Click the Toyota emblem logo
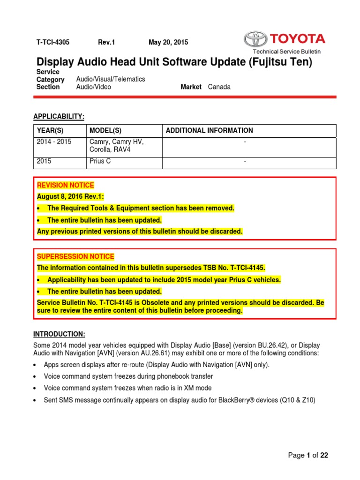tap(255, 39)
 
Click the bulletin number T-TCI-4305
tap(53, 42)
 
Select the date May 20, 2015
tap(168, 42)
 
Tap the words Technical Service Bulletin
tap(287, 52)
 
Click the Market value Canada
tap(219, 87)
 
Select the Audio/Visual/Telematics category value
tap(111, 79)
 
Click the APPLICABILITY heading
tap(59, 116)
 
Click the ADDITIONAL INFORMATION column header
tap(210, 130)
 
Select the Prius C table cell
tap(100, 162)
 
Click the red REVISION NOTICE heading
tap(66, 185)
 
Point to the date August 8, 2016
tap(60, 196)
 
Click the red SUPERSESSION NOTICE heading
tap(75, 256)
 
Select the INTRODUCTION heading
tap(59, 334)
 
